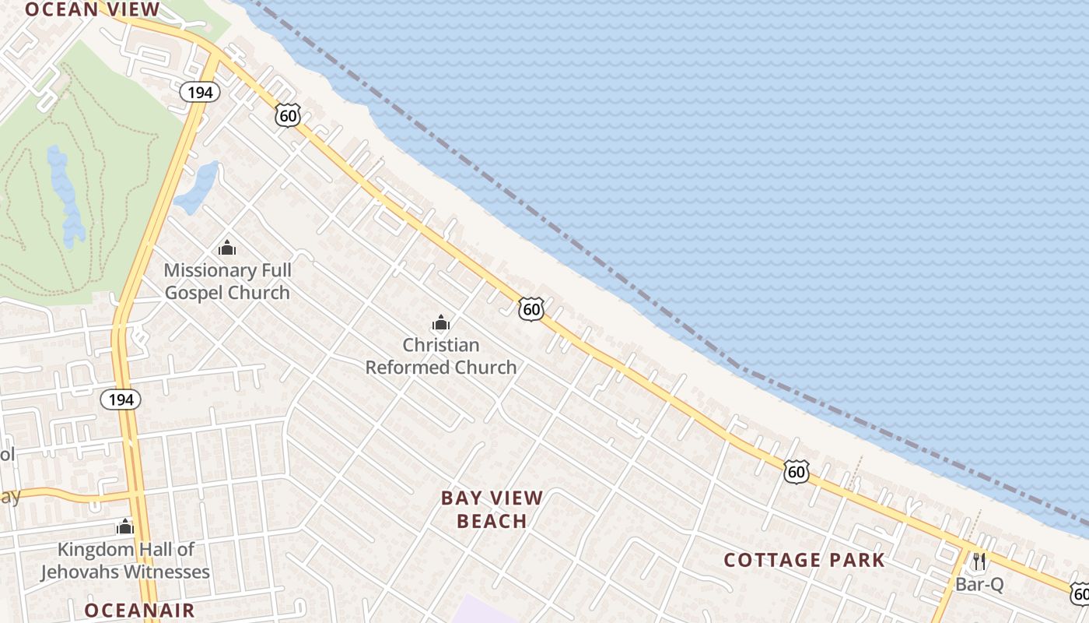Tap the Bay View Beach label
tap(492, 509)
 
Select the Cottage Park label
tap(804, 560)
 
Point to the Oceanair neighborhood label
tap(139, 610)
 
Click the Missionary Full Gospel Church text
tap(227, 281)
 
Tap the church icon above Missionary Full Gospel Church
tap(227, 248)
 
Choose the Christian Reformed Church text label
tap(441, 356)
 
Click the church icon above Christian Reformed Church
tap(441, 322)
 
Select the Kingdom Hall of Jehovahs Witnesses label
tap(125, 561)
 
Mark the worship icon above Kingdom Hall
tap(125, 527)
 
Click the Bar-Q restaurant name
tap(979, 584)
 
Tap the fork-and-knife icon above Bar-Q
tap(979, 560)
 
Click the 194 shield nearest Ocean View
tap(200, 92)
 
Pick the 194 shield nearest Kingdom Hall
tap(121, 399)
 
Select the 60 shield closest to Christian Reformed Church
tap(531, 309)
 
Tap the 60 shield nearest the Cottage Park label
tap(796, 471)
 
